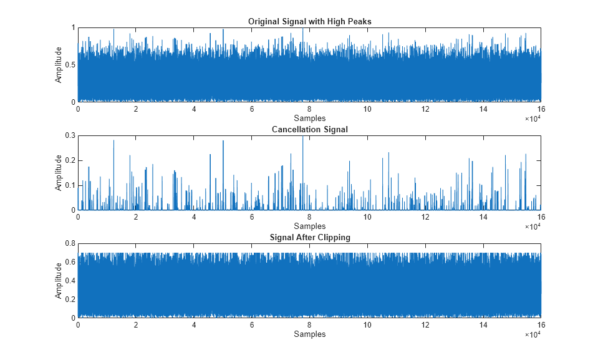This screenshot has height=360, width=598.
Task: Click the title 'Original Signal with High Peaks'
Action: [x=309, y=22]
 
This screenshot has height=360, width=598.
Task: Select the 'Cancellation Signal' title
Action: [x=309, y=130]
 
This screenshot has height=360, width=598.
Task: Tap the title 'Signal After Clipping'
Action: [x=309, y=238]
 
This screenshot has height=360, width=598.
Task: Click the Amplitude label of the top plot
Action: [x=59, y=65]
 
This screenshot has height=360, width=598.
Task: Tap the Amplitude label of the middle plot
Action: [x=59, y=173]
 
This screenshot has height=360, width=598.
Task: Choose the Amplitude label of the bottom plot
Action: [x=59, y=281]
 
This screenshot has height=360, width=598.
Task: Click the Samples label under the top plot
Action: [x=309, y=119]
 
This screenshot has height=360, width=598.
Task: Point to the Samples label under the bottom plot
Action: [x=309, y=334]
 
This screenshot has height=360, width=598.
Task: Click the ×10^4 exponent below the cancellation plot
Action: [x=532, y=226]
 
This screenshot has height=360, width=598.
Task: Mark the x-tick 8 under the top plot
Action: [x=309, y=109]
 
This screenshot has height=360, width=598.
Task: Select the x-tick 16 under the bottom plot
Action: [x=540, y=325]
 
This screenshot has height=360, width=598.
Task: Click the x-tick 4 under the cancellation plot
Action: [x=194, y=217]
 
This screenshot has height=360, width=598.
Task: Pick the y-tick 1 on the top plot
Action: [x=72, y=28]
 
